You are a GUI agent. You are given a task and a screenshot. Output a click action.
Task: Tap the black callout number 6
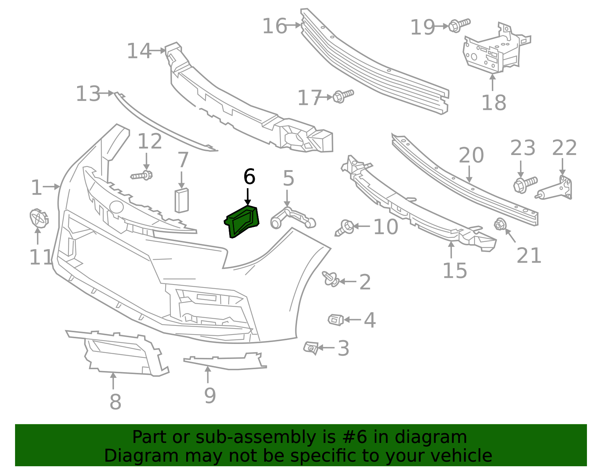[249, 177]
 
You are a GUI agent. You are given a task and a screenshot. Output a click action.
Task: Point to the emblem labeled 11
[38, 218]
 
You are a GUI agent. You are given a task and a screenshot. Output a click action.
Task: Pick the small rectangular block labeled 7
[181, 201]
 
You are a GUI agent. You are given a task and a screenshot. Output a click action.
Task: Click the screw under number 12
[142, 175]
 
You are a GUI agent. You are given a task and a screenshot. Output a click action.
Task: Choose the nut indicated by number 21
[500, 225]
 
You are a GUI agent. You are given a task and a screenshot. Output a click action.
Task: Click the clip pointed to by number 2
[331, 279]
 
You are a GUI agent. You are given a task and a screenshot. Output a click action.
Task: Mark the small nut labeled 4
[336, 319]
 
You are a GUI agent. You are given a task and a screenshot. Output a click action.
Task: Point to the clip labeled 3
[311, 348]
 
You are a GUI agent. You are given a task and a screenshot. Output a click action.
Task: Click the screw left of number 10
[344, 228]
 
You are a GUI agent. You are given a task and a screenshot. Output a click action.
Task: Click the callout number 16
[274, 26]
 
